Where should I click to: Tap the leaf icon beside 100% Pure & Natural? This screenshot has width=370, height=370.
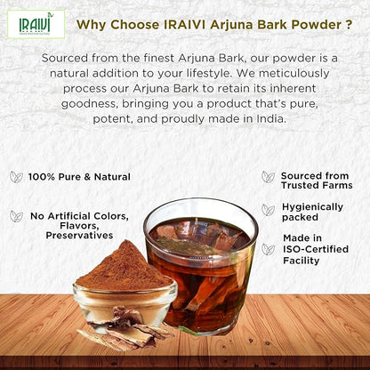tap(16, 177)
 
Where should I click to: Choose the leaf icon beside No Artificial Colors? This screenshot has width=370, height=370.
tap(16, 216)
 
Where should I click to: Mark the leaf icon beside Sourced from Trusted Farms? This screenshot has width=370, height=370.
tap(268, 177)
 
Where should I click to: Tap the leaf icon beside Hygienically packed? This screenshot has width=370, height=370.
tap(268, 210)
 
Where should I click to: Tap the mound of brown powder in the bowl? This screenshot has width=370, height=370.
tap(124, 269)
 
